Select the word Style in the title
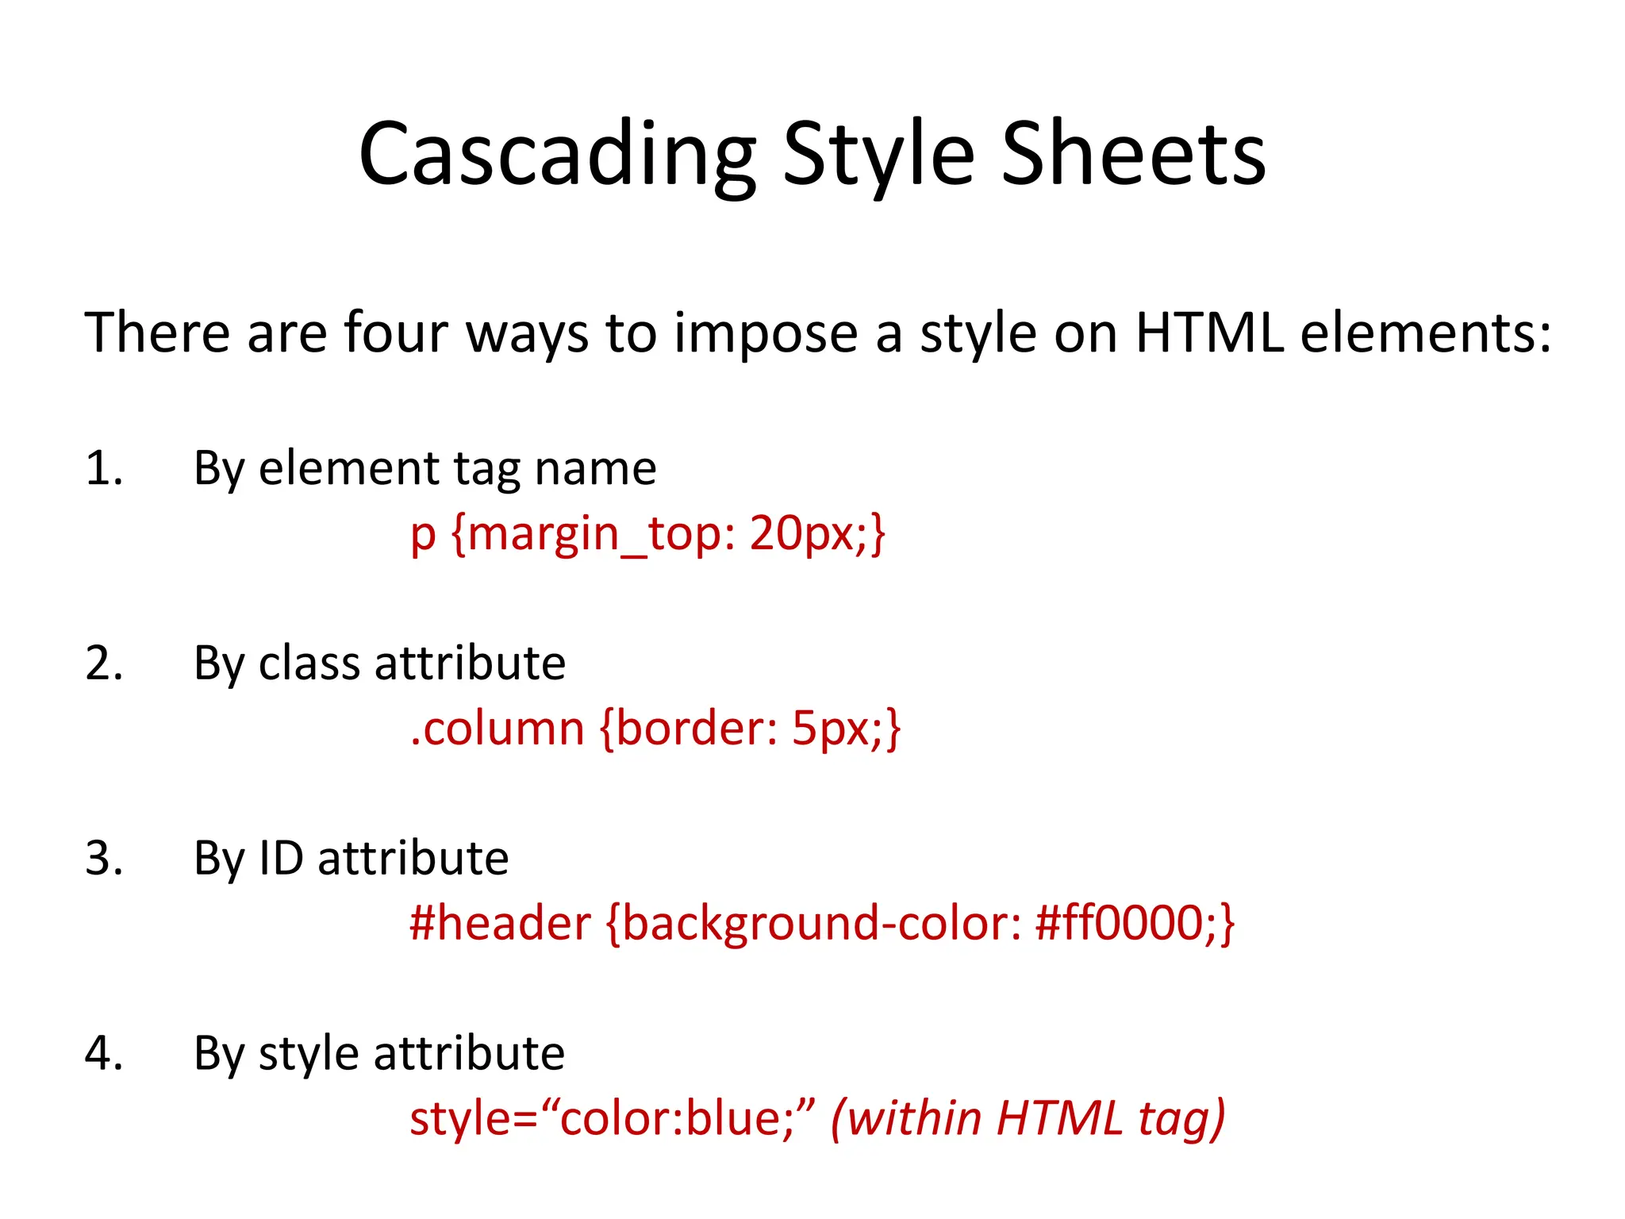click(878, 155)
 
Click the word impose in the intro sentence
click(766, 333)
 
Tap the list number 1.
click(103, 468)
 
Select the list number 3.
click(103, 859)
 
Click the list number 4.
click(103, 1054)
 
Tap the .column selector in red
click(497, 729)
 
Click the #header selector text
click(500, 924)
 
